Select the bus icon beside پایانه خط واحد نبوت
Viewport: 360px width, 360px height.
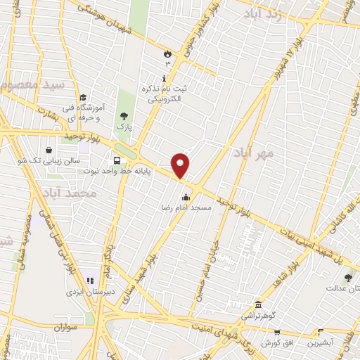pyautogui.click(x=116, y=160)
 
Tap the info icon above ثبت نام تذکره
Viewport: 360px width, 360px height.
pyautogui.click(x=165, y=79)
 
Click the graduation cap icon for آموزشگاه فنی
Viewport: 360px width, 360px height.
pyautogui.click(x=82, y=98)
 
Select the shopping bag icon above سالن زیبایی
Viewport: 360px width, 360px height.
pyautogui.click(x=48, y=150)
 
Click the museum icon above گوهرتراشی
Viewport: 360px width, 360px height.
pyautogui.click(x=258, y=304)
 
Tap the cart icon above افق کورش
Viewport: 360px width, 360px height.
pyautogui.click(x=277, y=333)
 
